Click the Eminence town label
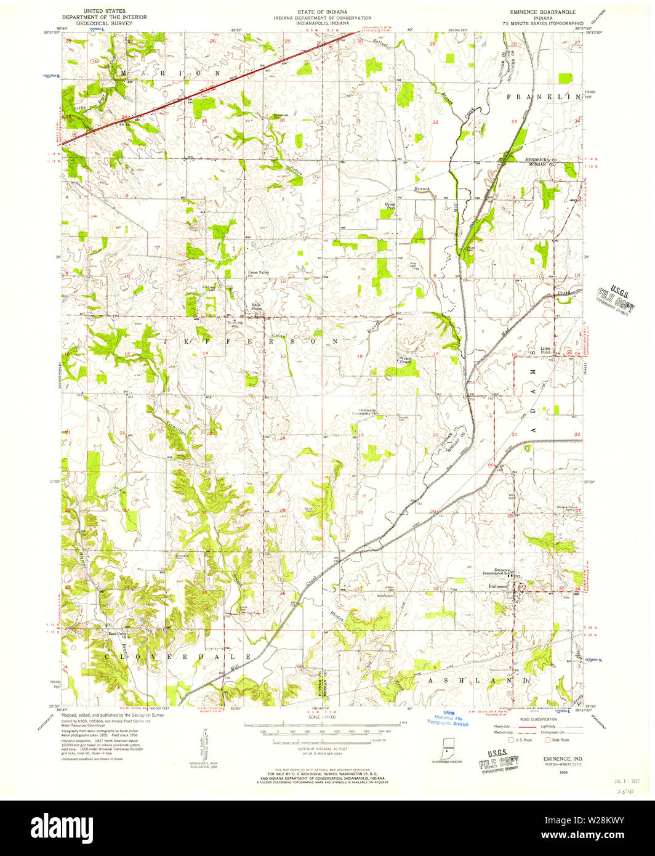[497, 586]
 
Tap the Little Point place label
[545, 350]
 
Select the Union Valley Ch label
[259, 274]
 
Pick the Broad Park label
[390, 206]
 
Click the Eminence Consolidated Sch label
[499, 572]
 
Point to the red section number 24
[283, 438]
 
